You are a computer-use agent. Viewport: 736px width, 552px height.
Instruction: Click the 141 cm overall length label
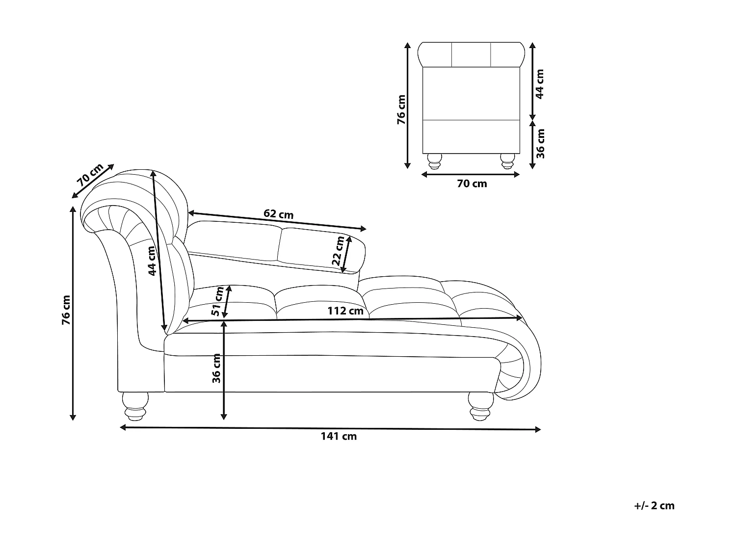339,436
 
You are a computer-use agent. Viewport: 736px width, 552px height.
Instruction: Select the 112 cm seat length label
345,311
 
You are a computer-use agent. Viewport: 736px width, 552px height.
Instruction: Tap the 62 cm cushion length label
278,214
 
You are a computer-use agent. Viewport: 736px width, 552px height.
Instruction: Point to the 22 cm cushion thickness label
338,251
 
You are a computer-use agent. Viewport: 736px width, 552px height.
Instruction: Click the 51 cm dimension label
217,302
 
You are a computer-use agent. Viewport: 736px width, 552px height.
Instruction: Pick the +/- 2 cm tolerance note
654,505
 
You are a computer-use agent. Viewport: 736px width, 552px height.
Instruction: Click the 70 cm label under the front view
472,184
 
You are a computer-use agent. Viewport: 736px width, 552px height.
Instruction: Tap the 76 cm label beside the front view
401,109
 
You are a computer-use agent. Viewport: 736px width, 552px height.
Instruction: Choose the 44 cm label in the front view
540,84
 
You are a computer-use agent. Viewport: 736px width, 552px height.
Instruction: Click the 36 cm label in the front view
540,144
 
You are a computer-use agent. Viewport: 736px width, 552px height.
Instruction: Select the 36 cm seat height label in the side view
216,368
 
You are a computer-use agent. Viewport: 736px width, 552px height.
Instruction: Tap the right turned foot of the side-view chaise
481,406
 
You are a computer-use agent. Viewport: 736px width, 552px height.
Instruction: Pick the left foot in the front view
435,161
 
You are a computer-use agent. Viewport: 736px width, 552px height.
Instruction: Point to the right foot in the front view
507,161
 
